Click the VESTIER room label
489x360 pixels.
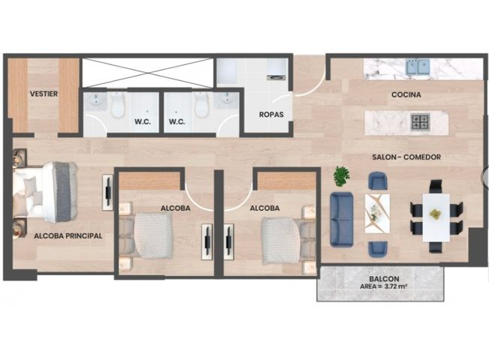(43, 94)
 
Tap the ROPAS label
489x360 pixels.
(271, 115)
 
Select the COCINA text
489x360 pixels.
(406, 94)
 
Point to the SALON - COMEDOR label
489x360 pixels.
(406, 157)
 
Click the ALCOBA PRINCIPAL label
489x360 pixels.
(68, 235)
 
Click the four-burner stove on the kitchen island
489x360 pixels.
(420, 122)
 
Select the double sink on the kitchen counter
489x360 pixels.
(418, 67)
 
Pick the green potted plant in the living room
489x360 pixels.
(341, 176)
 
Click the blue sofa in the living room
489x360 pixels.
(341, 219)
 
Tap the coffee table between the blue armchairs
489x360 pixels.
(377, 214)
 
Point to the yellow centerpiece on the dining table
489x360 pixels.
(435, 214)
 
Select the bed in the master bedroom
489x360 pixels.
(46, 191)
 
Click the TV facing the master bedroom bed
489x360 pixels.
(108, 192)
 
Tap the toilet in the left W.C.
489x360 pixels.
(118, 104)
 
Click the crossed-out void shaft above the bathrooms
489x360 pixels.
(148, 73)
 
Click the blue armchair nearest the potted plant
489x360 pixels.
(378, 181)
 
